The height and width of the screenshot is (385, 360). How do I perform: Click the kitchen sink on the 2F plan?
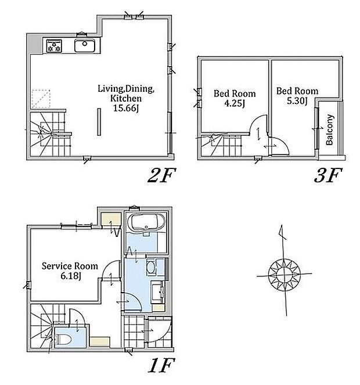coord(85,45)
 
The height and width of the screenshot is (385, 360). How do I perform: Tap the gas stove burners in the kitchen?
coord(54,46)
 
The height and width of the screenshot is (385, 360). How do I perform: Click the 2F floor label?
coord(162,175)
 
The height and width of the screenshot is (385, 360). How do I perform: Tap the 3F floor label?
coord(328,175)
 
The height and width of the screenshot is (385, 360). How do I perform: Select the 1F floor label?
coord(161,365)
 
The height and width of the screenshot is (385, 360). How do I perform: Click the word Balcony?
coord(330,129)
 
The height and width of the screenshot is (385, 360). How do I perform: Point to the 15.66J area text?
coord(126,108)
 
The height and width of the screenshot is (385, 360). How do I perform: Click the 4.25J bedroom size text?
coord(235,103)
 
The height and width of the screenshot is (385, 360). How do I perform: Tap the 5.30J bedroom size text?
coord(297,101)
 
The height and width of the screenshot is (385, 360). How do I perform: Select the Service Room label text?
coord(70,266)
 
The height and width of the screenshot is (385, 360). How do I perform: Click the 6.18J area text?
coord(71,276)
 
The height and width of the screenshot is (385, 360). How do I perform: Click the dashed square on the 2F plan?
coord(41,99)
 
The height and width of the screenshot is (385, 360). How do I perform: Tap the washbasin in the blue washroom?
coord(150,267)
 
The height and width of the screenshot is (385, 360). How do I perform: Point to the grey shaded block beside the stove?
coord(34,44)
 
